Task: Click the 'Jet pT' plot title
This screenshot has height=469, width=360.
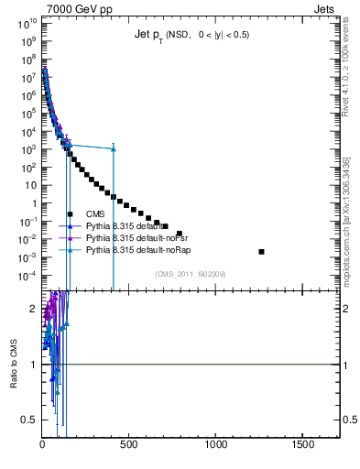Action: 191,36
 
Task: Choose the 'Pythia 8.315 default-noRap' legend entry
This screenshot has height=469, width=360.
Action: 133,249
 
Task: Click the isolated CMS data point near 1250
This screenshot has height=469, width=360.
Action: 262,251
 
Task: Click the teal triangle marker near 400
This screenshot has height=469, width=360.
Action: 113,148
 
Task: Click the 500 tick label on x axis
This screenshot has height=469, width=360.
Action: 129,444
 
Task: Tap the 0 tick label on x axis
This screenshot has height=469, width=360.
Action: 43,444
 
